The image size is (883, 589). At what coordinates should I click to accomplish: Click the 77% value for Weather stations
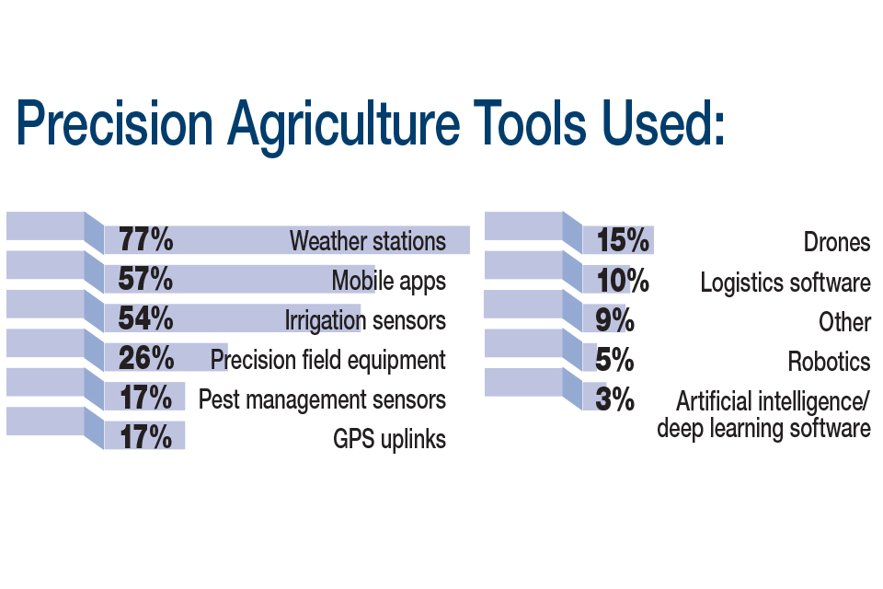click(x=146, y=239)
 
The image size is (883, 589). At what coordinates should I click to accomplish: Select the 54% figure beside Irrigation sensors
click(x=146, y=318)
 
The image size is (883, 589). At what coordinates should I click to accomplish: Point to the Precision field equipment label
click(x=327, y=360)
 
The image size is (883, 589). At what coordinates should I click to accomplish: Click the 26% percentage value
click(x=146, y=358)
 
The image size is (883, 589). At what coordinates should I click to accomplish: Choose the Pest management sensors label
click(x=322, y=399)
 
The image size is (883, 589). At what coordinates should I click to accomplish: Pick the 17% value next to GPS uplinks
click(x=146, y=437)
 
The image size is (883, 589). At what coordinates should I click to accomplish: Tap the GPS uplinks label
click(x=389, y=439)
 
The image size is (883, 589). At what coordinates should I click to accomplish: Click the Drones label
click(x=837, y=242)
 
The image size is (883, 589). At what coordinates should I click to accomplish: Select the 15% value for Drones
click(x=623, y=240)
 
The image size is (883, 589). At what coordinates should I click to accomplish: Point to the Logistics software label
click(x=786, y=283)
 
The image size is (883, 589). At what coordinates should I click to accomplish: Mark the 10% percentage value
click(x=623, y=280)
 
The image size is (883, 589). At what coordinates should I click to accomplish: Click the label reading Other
click(x=844, y=322)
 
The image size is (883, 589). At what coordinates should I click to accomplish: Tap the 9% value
click(x=615, y=320)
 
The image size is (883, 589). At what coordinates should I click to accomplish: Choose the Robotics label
click(x=829, y=362)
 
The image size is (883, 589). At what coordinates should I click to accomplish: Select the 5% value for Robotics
click(x=615, y=360)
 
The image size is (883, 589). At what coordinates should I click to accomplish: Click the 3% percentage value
click(x=615, y=399)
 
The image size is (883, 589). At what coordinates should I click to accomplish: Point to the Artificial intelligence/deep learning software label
click(x=763, y=415)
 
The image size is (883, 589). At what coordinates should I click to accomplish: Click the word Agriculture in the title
click(x=343, y=124)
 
